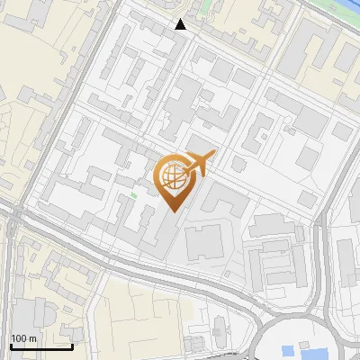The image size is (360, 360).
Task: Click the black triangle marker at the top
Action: (x=181, y=24)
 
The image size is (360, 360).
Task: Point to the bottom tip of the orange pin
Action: (x=172, y=211)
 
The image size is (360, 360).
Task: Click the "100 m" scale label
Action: (x=23, y=338)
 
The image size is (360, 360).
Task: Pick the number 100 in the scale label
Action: (x=19, y=338)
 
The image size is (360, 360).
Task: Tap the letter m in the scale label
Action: (x=32, y=338)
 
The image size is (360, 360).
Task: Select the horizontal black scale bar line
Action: (x=41, y=346)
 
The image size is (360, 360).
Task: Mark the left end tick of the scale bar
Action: (x=10, y=345)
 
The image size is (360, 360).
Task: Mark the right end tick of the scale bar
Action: (x=73, y=345)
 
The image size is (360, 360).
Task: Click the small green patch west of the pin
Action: (x=134, y=193)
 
